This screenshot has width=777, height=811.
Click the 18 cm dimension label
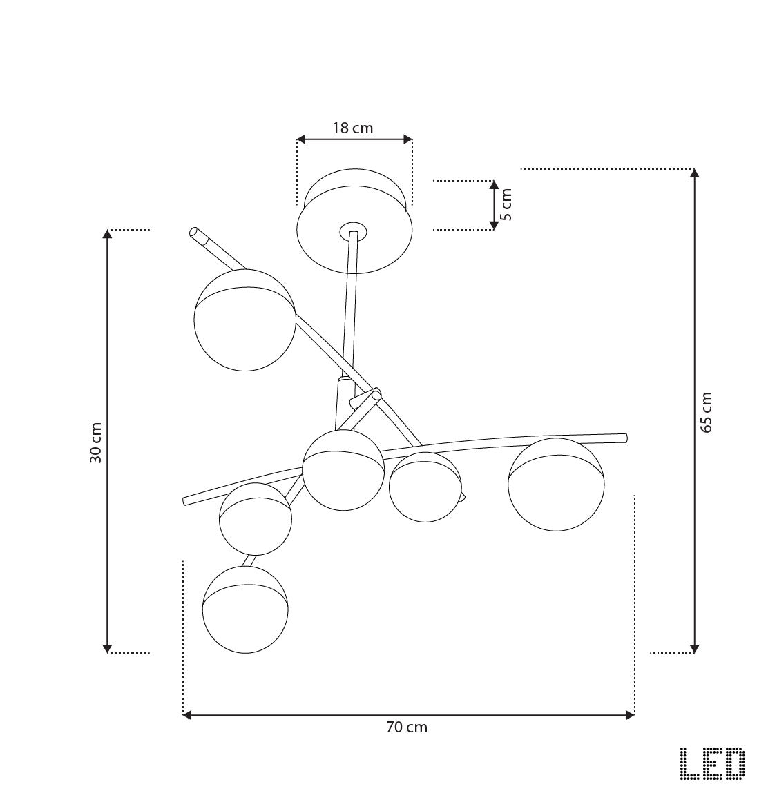[x=352, y=128]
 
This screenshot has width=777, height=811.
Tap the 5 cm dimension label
[x=506, y=205]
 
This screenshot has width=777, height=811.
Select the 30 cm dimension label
[x=95, y=442]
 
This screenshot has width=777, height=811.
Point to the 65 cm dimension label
[x=706, y=412]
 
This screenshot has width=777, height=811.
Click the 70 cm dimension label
[x=407, y=727]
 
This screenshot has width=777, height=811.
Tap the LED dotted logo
[x=712, y=764]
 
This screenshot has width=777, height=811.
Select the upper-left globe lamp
[x=245, y=320]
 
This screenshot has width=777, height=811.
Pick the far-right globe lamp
[x=555, y=484]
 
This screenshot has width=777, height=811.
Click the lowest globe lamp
[x=244, y=609]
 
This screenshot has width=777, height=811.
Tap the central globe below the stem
[x=343, y=471]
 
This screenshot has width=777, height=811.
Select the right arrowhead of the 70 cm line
[x=630, y=715]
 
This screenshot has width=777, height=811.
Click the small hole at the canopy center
[x=353, y=229]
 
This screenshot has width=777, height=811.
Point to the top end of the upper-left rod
[x=195, y=232]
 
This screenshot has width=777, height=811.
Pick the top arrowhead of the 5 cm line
[x=493, y=185]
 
